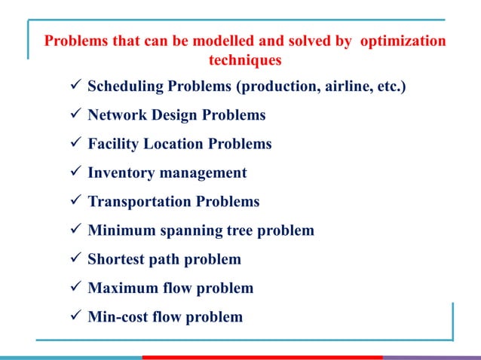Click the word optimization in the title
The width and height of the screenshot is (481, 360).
[x=403, y=41]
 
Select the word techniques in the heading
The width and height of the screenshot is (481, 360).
[x=244, y=59]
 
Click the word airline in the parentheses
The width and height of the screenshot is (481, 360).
[x=345, y=87]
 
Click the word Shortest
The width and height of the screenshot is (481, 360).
[x=115, y=259]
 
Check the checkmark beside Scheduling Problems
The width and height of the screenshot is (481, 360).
[x=74, y=87]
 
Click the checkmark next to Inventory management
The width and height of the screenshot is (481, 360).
[x=74, y=172]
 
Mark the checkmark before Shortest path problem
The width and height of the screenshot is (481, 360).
[x=74, y=259]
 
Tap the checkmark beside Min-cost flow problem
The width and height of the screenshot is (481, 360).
[x=74, y=316]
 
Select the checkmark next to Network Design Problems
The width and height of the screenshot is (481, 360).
[x=74, y=115]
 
